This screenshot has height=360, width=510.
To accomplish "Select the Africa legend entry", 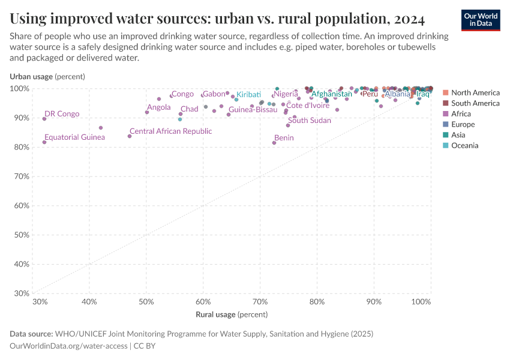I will (461, 114).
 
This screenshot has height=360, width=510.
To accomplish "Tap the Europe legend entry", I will (463, 124).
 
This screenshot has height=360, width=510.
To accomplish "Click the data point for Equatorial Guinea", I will (44, 142).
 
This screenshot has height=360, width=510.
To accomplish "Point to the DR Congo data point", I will (44, 119).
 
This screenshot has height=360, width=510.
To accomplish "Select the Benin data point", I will (274, 143).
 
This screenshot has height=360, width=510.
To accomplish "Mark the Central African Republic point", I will (130, 136).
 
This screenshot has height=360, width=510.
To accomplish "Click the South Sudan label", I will (309, 121).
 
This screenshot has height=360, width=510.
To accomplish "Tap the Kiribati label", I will (248, 95).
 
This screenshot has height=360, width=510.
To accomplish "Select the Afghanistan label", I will (331, 94).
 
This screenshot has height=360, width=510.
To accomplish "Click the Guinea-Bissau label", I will (253, 110).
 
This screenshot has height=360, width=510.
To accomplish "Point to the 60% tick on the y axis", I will (22, 206).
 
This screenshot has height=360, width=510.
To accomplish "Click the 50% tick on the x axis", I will (146, 301).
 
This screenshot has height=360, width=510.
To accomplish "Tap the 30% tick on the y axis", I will (22, 294).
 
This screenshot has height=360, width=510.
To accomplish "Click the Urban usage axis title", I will (47, 76).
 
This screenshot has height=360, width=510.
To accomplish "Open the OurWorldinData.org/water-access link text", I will (68, 346).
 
